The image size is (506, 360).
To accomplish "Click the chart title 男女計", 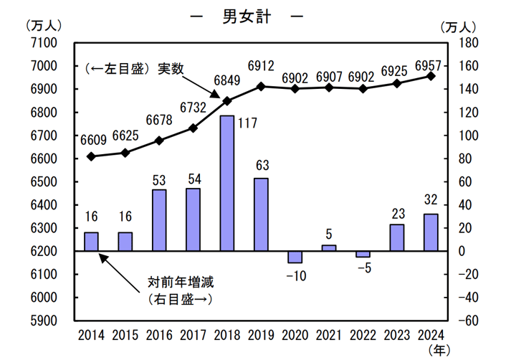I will (247, 18).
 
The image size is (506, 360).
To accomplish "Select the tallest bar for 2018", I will (227, 184).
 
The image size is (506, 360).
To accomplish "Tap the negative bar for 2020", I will (295, 257).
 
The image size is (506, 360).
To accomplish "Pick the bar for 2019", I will (261, 214).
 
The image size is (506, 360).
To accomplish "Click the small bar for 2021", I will (329, 248).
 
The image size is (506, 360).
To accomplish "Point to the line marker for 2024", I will (431, 75).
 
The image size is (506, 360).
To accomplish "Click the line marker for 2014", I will (91, 156).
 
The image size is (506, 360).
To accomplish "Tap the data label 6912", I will (262, 67).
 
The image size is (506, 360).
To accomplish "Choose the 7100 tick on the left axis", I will (44, 43).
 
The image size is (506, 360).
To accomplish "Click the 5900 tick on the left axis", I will (44, 321).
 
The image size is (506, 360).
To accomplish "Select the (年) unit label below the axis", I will (437, 350).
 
